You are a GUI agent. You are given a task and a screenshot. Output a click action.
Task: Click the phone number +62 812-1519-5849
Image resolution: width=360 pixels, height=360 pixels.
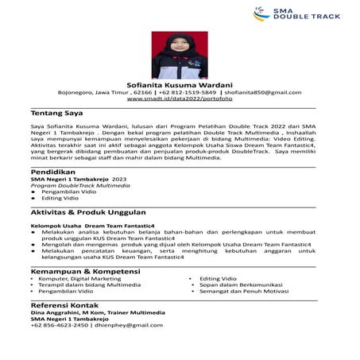[189, 93]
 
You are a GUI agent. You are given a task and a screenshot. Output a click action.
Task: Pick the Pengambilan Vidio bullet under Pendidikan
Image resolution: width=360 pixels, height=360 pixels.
[68, 192]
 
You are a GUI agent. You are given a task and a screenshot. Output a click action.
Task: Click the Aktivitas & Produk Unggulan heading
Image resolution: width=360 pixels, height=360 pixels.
[87, 213]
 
